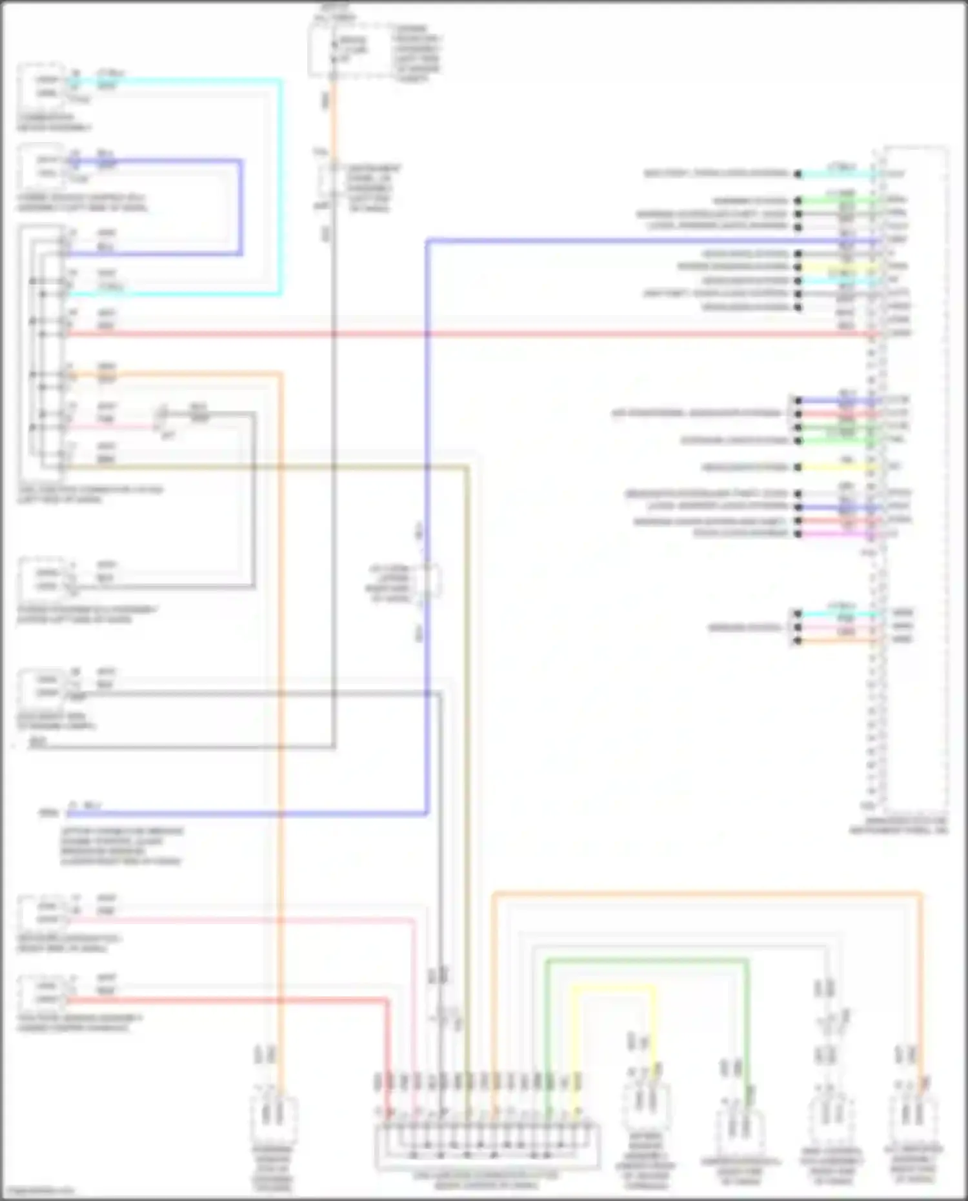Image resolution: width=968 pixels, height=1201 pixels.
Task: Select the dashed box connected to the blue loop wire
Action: (41, 167)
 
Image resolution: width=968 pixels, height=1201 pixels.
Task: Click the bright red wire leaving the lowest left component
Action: (226, 1001)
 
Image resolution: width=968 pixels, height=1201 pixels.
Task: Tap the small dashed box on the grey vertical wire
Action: (331, 181)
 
